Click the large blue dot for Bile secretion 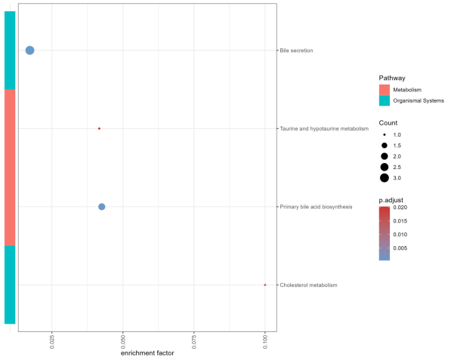tap(30, 51)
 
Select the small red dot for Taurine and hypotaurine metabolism tap(99, 128)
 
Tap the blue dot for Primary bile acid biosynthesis tap(102, 207)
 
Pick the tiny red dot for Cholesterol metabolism tap(265, 285)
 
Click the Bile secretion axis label tap(296, 51)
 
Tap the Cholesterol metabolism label tap(308, 285)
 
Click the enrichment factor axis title tap(144, 355)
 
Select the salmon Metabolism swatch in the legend tap(385, 90)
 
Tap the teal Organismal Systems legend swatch tap(385, 100)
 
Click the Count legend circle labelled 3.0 tap(385, 178)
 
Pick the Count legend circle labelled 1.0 tap(385, 134)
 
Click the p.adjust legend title tap(393, 199)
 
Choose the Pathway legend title tap(393, 78)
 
